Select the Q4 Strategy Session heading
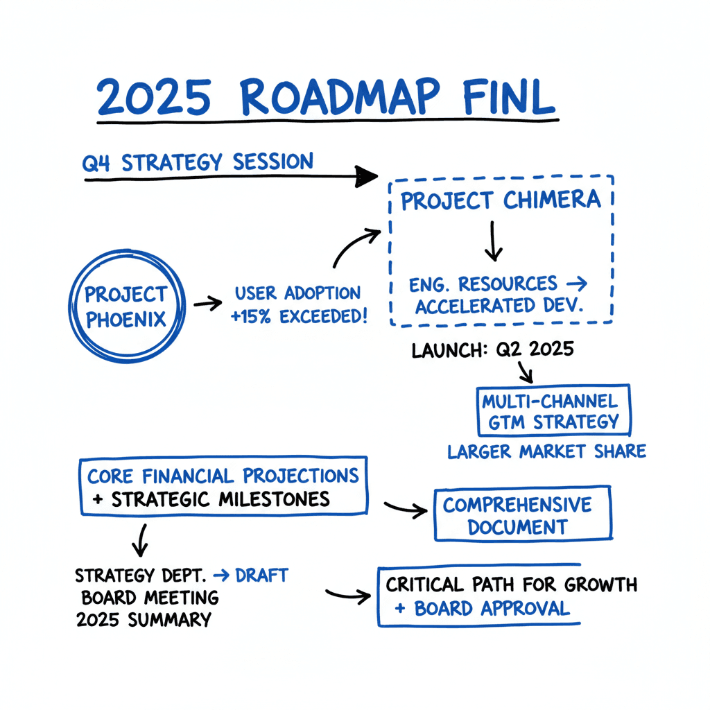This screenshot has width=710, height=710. (198, 163)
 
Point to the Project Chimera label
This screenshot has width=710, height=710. (501, 200)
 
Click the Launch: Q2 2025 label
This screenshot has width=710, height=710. (493, 349)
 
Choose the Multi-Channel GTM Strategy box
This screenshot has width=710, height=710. (553, 410)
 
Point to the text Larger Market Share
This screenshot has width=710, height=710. (546, 452)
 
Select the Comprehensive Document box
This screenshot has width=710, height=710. (523, 514)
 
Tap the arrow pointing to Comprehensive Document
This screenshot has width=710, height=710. (405, 509)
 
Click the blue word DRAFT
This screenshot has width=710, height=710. (261, 575)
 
